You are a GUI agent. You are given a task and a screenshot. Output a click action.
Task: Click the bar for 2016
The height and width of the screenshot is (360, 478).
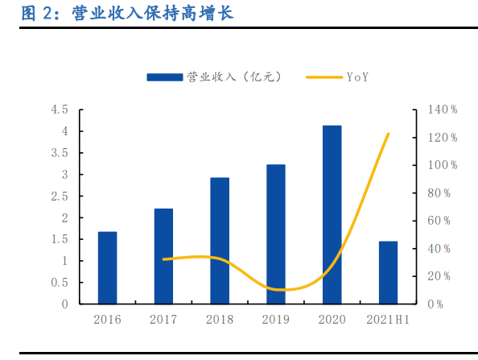[107, 267]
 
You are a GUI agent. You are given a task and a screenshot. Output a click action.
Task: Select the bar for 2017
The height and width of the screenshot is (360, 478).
[163, 256]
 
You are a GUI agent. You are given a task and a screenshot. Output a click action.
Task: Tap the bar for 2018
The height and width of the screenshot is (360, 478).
[220, 241]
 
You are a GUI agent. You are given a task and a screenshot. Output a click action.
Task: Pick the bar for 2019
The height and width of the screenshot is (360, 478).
[276, 234]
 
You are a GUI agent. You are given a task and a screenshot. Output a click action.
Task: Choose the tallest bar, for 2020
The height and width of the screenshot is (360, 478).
[332, 214]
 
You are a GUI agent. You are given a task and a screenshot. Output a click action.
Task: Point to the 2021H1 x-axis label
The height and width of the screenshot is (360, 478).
[388, 320]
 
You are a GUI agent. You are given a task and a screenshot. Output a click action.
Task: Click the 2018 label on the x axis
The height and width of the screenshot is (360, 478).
[220, 320]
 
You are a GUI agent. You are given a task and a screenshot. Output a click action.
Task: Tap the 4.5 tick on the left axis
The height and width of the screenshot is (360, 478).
[60, 110]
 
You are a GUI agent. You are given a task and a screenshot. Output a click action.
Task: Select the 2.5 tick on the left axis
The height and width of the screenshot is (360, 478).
[60, 197]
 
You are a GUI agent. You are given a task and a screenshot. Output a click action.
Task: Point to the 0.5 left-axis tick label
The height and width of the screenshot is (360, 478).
[60, 283]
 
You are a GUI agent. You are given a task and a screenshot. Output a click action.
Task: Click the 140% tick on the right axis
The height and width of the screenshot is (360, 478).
[443, 110]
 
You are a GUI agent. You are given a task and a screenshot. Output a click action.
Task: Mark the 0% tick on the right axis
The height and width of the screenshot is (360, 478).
[437, 304]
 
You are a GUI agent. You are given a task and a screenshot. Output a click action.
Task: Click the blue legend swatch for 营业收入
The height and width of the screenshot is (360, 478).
[164, 77]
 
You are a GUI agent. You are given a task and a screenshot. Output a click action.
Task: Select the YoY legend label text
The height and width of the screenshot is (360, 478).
[358, 77]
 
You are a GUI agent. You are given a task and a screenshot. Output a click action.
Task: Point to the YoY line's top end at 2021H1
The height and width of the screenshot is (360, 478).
[388, 134]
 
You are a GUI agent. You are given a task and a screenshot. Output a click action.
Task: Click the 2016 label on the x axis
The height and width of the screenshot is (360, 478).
[107, 320]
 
